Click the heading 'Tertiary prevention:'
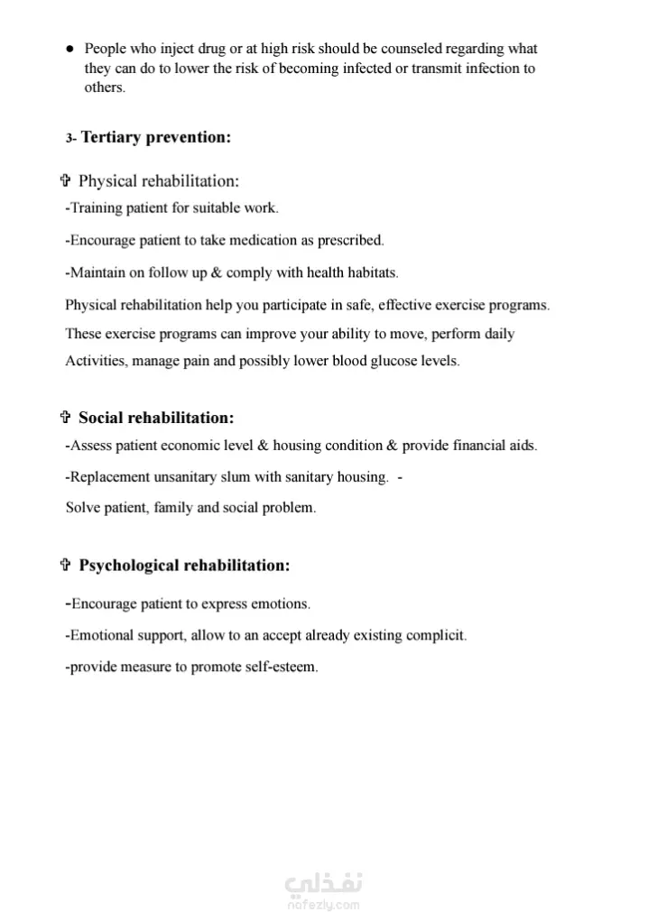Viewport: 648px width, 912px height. (x=156, y=137)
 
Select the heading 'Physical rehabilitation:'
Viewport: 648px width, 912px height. (x=159, y=181)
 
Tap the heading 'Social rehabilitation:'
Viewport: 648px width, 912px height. (x=156, y=418)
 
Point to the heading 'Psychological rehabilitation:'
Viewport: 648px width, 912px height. (x=185, y=566)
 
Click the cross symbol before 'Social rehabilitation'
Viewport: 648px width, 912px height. (x=65, y=418)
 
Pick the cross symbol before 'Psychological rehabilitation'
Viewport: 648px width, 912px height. (x=65, y=566)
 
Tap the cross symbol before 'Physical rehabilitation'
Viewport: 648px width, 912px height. (x=65, y=181)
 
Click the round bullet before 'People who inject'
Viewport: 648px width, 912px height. (x=69, y=50)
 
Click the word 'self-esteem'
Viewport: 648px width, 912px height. (x=281, y=668)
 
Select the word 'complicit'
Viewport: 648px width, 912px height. (x=436, y=635)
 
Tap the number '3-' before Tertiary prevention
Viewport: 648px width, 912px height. (x=71, y=139)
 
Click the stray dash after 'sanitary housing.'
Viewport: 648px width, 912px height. (x=399, y=476)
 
